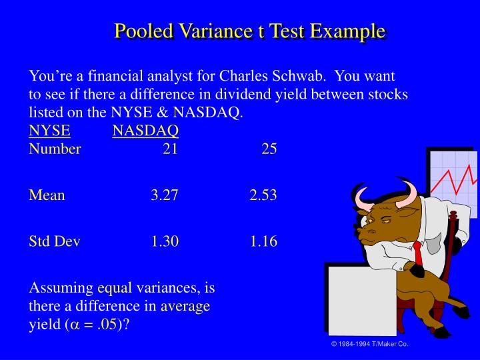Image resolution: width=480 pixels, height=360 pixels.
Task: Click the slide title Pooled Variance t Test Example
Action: pos(249,31)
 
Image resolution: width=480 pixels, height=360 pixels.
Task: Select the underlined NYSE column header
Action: pos(49,131)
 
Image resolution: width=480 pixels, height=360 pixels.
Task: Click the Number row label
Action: pos(55,149)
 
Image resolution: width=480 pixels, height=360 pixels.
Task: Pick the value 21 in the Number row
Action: pos(170,149)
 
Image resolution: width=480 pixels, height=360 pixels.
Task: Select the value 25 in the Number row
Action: pos(269,149)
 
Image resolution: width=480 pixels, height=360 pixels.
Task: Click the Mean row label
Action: pos(47,195)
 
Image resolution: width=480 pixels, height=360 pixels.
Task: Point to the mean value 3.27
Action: pos(165,195)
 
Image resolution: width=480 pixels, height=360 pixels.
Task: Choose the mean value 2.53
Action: pos(263,195)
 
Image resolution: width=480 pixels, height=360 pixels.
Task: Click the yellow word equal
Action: pos(115,288)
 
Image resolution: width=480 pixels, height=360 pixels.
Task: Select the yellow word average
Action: pos(185,306)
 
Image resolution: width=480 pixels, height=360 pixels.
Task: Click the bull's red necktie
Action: pos(419,254)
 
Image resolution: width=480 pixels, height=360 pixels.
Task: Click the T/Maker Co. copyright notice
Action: pos(369,344)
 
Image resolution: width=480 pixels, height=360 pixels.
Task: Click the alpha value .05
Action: pos(105,324)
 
